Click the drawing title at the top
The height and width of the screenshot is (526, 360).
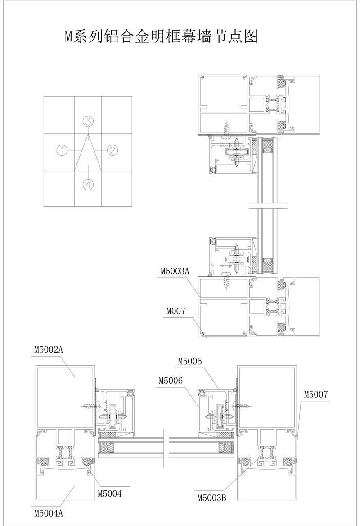click(161, 36)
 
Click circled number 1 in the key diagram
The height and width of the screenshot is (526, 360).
click(63, 150)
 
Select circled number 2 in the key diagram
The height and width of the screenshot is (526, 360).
click(112, 150)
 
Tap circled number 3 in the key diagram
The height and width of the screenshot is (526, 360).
click(88, 122)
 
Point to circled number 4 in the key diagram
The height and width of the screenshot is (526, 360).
click(88, 184)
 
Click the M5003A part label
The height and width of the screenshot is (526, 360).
click(175, 271)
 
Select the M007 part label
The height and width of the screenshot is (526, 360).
click(176, 311)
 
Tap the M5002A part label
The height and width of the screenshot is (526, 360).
click(49, 350)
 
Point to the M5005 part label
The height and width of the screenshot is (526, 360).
click(190, 362)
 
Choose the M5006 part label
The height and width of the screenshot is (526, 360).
click(171, 381)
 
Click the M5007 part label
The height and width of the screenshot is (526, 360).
click(316, 394)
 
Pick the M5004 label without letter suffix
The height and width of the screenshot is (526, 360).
click(110, 494)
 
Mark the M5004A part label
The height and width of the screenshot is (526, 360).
click(49, 513)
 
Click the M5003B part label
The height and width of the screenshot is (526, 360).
click(211, 498)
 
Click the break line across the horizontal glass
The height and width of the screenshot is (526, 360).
click(166, 448)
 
